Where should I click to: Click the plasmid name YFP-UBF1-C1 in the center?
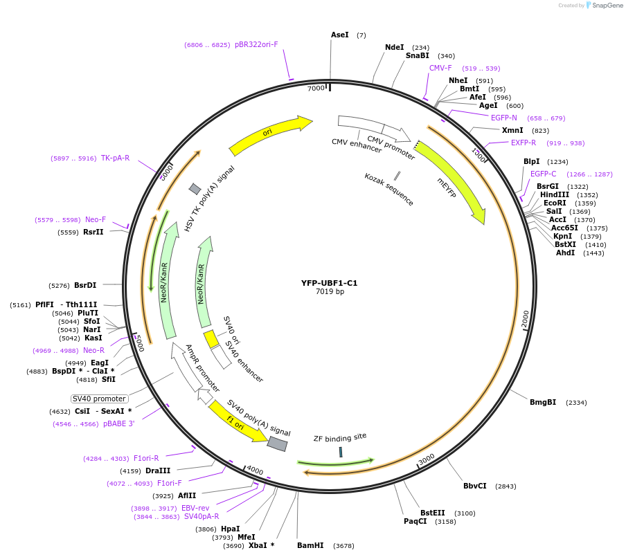tap(329, 283)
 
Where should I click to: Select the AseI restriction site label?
tap(340, 35)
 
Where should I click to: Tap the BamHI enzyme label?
tap(310, 545)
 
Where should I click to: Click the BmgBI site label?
tap(543, 402)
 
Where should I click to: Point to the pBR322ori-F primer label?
tap(256, 44)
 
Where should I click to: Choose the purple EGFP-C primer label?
tap(544, 174)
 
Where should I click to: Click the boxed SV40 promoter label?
tap(100, 399)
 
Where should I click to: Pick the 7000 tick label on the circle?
tap(316, 89)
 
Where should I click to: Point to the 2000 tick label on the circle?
tap(525, 319)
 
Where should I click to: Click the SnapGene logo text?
tap(606, 6)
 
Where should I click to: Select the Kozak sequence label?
tap(389, 189)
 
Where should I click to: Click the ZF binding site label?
tap(340, 437)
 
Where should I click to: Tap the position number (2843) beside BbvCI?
tap(506, 486)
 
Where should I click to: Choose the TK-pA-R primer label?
tap(115, 158)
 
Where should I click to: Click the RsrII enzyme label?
tap(93, 232)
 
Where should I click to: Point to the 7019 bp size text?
tap(330, 292)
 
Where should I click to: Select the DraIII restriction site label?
tap(158, 471)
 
